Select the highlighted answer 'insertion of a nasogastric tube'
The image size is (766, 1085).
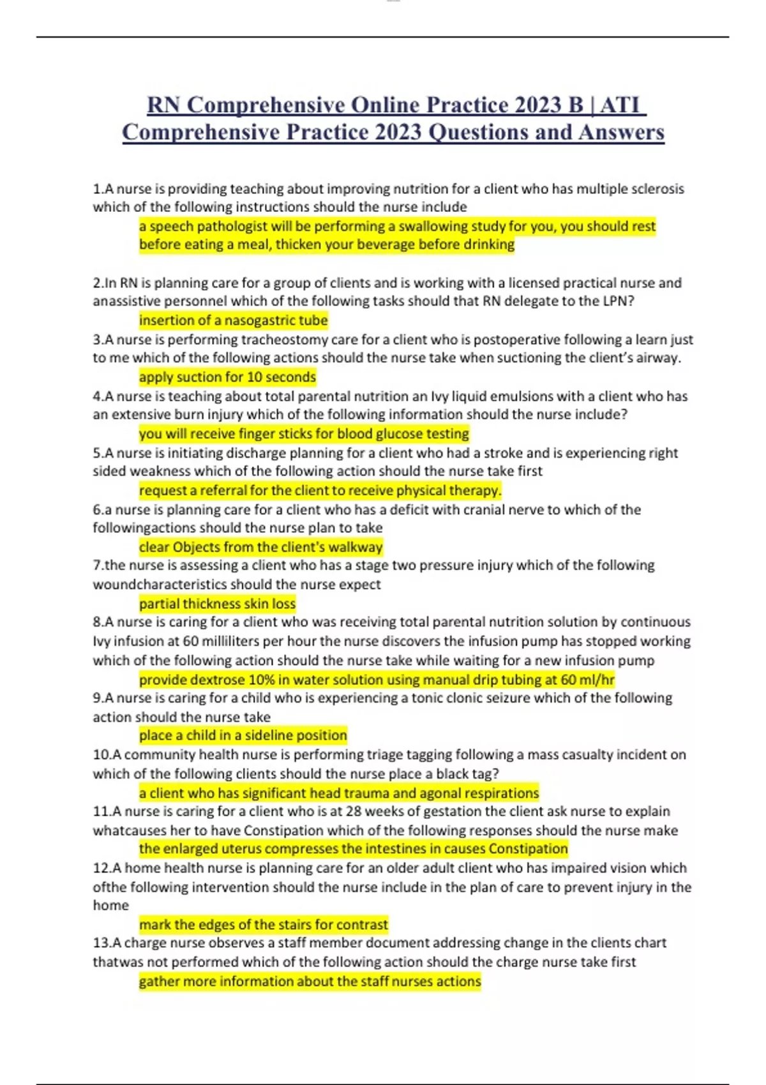click(233, 320)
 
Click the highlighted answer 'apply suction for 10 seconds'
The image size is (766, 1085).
click(227, 377)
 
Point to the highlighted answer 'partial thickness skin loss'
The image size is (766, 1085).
click(217, 604)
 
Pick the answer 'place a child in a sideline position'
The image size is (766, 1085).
click(243, 735)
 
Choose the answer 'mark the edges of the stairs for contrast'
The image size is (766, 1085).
click(263, 925)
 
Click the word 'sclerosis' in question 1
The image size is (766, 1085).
click(657, 189)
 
